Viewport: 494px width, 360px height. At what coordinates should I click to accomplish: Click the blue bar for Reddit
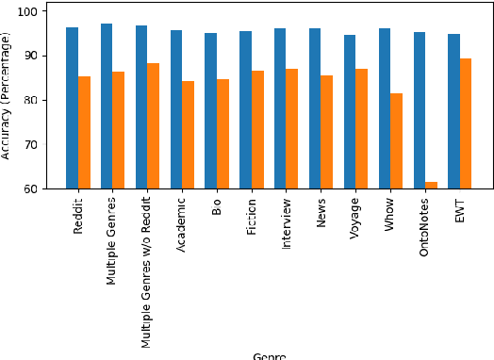(72, 108)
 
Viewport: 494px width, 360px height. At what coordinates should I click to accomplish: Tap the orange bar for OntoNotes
(432, 185)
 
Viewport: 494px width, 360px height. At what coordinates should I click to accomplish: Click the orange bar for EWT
(466, 123)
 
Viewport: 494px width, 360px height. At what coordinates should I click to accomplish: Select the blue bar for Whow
(385, 108)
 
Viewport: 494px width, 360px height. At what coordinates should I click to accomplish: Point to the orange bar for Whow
(397, 141)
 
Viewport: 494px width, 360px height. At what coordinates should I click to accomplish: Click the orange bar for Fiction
(257, 130)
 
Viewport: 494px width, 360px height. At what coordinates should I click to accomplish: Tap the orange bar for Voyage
(362, 129)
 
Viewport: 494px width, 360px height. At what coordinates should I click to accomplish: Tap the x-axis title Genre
(269, 355)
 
